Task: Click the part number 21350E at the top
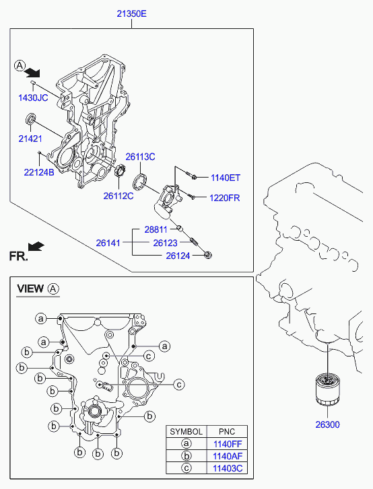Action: pyautogui.click(x=131, y=13)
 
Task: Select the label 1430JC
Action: pyautogui.click(x=33, y=98)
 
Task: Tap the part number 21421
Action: pyautogui.click(x=30, y=139)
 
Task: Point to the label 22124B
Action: pyautogui.click(x=39, y=172)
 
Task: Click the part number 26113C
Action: pyautogui.click(x=140, y=157)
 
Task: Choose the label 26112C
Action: pyautogui.click(x=118, y=196)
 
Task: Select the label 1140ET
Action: pyautogui.click(x=226, y=178)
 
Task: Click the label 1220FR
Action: pyautogui.click(x=224, y=198)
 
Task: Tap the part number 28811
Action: pyautogui.click(x=156, y=229)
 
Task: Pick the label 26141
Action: pyautogui.click(x=108, y=243)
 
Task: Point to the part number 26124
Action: pyautogui.click(x=178, y=256)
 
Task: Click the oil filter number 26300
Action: pyautogui.click(x=327, y=424)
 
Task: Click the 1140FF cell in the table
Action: pyautogui.click(x=227, y=444)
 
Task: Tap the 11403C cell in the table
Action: pyautogui.click(x=227, y=468)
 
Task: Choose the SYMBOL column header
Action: pyautogui.click(x=186, y=432)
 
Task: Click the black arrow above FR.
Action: pyautogui.click(x=36, y=246)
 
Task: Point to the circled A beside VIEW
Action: pyautogui.click(x=53, y=289)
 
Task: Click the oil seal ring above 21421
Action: pyautogui.click(x=30, y=119)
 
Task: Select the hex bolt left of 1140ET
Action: pyautogui.click(x=191, y=176)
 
